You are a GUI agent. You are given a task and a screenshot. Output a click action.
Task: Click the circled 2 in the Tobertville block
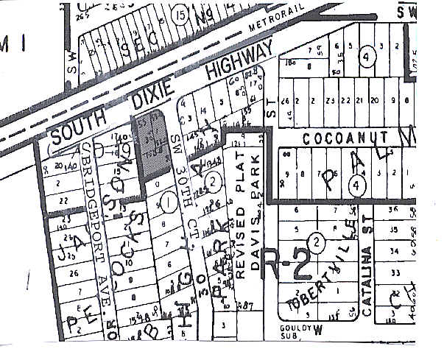click(317, 241)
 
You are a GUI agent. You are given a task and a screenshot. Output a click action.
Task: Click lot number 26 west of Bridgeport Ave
click(71, 272)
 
